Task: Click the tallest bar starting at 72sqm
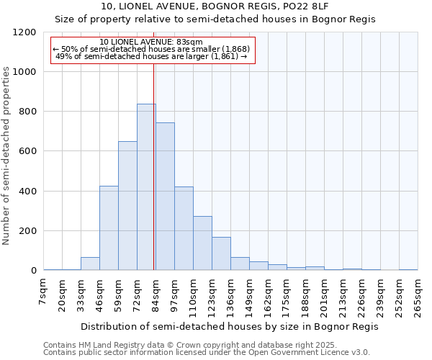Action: coord(146,187)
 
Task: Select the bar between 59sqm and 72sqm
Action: coord(127,206)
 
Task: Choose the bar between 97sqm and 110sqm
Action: coord(184,228)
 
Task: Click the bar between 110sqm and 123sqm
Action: coord(202,243)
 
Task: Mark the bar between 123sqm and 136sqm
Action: coord(221,253)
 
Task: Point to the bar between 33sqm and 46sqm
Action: coord(90,264)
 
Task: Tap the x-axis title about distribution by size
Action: coord(229,326)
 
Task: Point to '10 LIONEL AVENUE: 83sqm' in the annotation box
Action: coord(151,42)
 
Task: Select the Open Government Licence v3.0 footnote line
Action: coord(207,353)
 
